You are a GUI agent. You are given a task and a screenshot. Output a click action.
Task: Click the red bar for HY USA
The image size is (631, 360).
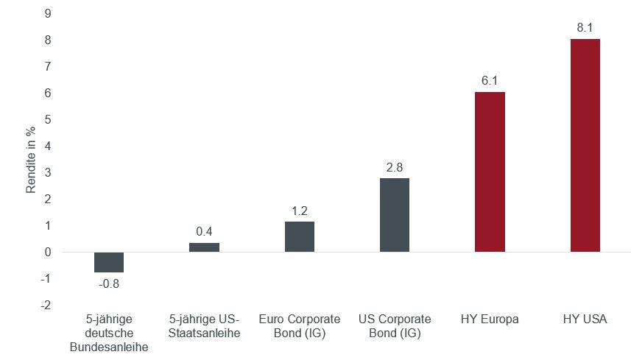(585, 145)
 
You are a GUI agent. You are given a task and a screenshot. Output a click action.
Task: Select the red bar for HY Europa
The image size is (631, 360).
(490, 172)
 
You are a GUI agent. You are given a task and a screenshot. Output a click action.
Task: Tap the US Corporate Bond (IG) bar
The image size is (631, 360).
(395, 215)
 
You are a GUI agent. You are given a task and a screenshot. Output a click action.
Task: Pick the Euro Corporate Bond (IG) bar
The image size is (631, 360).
(300, 236)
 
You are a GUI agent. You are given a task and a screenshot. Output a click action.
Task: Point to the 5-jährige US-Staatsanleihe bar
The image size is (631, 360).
(204, 247)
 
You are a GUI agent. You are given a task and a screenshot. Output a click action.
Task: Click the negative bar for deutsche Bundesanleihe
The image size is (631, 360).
(109, 262)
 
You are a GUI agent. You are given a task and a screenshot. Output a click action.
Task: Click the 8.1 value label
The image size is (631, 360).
(585, 28)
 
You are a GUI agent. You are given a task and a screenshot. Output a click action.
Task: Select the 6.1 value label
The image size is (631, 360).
(490, 81)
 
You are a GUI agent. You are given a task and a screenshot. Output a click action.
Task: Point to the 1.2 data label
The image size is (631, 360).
(300, 210)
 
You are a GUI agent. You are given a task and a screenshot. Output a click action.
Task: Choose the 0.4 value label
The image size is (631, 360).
(204, 231)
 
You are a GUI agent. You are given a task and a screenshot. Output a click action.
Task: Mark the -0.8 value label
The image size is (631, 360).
(108, 282)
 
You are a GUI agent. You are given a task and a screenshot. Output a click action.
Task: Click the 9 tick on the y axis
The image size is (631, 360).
(48, 13)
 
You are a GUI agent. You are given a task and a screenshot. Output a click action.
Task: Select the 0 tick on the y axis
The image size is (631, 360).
(48, 252)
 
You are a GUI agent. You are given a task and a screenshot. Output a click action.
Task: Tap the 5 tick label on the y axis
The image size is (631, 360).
(48, 119)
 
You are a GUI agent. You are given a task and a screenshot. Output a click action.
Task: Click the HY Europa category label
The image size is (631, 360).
(490, 320)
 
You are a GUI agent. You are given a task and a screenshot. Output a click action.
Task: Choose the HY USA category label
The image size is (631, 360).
(585, 320)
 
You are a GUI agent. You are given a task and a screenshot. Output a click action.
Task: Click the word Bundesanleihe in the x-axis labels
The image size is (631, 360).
(109, 346)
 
